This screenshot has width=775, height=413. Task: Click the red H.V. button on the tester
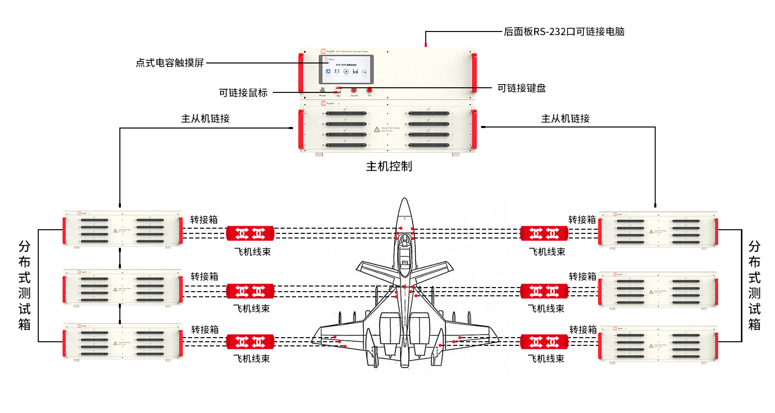point(370,90)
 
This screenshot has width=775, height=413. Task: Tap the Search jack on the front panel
point(354,90)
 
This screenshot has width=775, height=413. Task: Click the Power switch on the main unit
point(322,90)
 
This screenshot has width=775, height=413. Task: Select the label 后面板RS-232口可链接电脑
point(564,31)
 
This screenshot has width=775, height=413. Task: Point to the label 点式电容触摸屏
point(170,63)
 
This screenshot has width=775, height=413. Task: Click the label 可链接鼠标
point(243,93)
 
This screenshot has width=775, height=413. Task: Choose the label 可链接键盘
point(521,88)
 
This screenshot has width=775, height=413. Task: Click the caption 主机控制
point(389,166)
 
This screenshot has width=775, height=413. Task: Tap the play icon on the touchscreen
point(346,72)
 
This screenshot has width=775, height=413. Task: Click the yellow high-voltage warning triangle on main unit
point(377,129)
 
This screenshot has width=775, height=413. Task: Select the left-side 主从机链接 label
point(205,118)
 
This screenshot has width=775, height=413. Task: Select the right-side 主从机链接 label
point(565,118)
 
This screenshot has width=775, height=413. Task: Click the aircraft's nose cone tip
point(405,200)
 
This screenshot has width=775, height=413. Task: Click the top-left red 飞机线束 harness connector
point(250,233)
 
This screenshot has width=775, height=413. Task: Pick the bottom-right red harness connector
point(544,342)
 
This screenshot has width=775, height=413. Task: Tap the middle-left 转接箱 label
point(205,276)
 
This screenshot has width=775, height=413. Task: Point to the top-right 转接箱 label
point(582,219)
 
